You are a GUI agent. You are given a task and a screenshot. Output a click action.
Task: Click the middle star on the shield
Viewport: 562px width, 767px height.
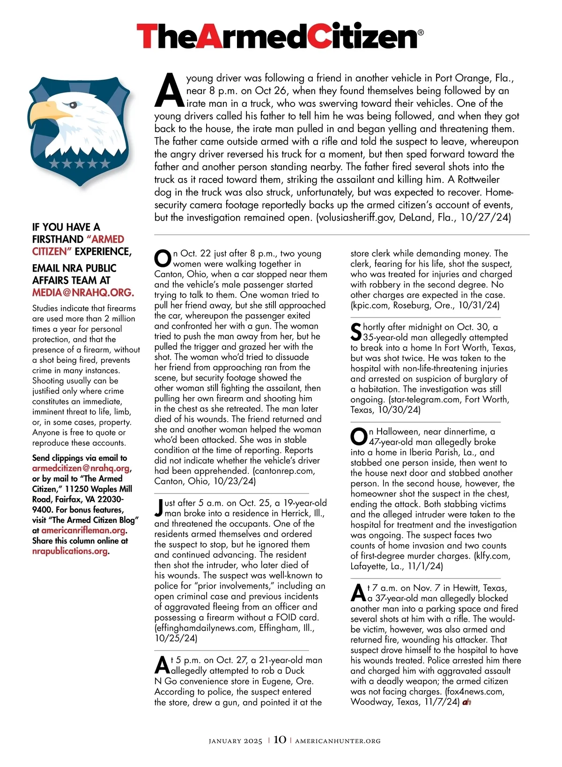(x=80, y=163)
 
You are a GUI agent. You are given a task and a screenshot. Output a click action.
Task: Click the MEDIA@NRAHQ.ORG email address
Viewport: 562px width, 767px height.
(x=83, y=293)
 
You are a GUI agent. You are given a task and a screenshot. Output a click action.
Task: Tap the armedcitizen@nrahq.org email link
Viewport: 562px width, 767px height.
(x=81, y=468)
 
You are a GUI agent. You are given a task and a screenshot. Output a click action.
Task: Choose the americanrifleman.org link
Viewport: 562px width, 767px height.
(x=83, y=530)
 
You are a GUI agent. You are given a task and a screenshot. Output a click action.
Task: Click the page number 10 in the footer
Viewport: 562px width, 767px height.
(x=280, y=739)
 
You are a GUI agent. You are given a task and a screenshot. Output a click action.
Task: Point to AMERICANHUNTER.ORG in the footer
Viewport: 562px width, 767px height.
(x=338, y=741)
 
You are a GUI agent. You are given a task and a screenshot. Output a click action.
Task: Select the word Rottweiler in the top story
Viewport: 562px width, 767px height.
(x=478, y=179)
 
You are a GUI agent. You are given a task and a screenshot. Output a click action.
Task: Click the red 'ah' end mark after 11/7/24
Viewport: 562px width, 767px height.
(x=466, y=702)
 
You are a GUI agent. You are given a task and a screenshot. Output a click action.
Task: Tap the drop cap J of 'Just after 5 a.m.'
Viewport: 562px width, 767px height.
(x=159, y=508)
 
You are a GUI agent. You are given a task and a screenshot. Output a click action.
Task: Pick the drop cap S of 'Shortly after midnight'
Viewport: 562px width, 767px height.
(x=356, y=332)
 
